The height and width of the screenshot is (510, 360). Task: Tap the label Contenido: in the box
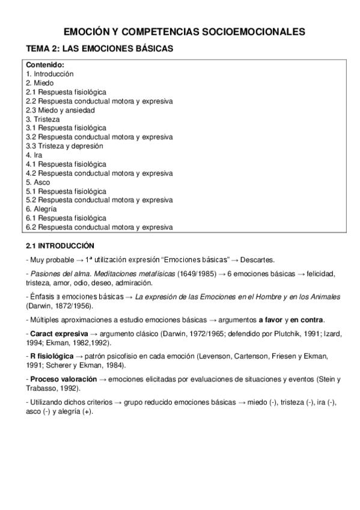click(x=44, y=65)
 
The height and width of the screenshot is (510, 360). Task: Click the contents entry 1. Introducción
click(x=49, y=73)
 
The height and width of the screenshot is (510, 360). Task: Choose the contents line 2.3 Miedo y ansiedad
click(x=60, y=110)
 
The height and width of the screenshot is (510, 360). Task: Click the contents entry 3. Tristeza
click(x=43, y=119)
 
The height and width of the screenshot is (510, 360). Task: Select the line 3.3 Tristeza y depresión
click(x=64, y=146)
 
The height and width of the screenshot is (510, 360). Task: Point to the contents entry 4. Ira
click(x=34, y=155)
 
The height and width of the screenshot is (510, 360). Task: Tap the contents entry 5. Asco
click(x=38, y=182)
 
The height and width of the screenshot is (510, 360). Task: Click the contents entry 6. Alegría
click(x=41, y=209)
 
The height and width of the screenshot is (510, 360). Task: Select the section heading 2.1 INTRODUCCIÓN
click(x=60, y=246)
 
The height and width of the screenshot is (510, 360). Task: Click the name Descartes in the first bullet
click(x=257, y=260)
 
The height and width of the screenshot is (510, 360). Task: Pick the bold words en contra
click(x=308, y=319)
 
